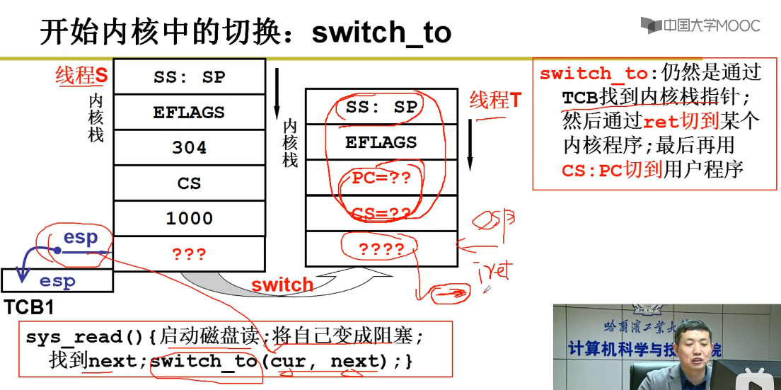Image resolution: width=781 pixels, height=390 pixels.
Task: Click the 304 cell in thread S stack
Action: [x=189, y=147]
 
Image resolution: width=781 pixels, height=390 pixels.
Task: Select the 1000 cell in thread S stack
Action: [x=189, y=218]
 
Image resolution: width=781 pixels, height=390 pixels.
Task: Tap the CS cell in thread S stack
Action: [x=189, y=183]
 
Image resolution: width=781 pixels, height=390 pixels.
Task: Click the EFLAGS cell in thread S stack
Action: [x=189, y=112]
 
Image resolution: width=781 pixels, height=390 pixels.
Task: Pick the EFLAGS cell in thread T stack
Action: [x=381, y=142]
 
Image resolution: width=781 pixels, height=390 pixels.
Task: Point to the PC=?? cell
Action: [x=381, y=178]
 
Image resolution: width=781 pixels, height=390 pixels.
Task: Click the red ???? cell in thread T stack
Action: [x=381, y=248]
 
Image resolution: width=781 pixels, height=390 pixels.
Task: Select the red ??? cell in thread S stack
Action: [x=189, y=253]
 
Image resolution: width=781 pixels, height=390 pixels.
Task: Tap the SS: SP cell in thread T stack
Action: [x=381, y=107]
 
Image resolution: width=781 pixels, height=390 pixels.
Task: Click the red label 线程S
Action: [x=81, y=76]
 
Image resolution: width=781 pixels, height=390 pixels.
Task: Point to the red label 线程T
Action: [x=495, y=101]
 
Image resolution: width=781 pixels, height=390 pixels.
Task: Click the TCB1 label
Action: [x=29, y=308]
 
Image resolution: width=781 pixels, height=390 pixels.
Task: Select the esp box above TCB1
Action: [x=57, y=281]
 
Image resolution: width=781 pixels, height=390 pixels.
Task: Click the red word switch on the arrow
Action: [x=282, y=285]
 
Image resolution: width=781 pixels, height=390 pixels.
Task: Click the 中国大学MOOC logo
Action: [x=700, y=26]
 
